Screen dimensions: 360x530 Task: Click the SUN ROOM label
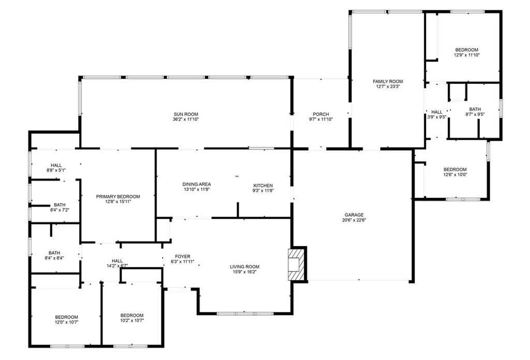[186, 114]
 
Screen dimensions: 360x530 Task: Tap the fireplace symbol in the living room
[297, 264]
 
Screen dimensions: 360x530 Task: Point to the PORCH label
[320, 114]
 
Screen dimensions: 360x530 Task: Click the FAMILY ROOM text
[388, 81]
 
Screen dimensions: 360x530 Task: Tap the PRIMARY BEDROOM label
[118, 196]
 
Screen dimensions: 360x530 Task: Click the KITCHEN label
[263, 185]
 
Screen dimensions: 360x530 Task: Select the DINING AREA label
[196, 184]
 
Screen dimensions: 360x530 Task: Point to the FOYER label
[182, 256]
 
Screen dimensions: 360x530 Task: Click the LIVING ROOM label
[245, 267]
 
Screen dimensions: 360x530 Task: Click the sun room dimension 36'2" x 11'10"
[186, 119]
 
